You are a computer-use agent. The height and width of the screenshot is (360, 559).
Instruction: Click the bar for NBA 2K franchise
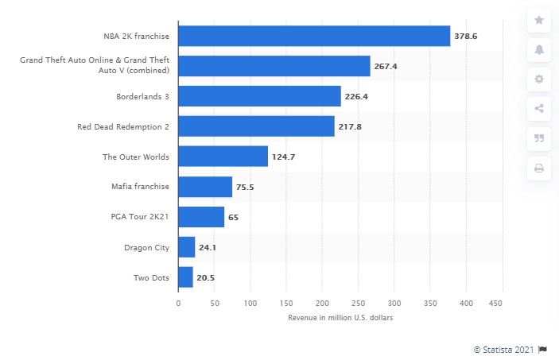(314, 36)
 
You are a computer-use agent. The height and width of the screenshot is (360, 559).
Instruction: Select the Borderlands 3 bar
(259, 96)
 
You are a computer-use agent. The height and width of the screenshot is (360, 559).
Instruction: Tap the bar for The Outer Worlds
(223, 157)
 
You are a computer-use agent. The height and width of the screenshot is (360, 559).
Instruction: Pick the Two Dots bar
(185, 277)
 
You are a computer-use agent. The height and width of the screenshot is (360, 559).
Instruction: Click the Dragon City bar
(186, 247)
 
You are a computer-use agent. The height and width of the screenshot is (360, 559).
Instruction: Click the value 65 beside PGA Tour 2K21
(234, 217)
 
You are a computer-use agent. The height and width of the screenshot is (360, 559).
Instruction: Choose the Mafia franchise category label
(141, 187)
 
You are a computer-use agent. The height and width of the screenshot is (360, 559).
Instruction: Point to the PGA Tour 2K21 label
(140, 217)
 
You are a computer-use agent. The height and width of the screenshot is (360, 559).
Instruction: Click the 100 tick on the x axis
(250, 303)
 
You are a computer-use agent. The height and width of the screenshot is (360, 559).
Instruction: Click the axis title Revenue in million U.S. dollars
(340, 318)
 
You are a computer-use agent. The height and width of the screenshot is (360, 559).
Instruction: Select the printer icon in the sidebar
(538, 168)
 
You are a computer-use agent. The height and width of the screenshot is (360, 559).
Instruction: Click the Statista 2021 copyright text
(504, 349)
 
